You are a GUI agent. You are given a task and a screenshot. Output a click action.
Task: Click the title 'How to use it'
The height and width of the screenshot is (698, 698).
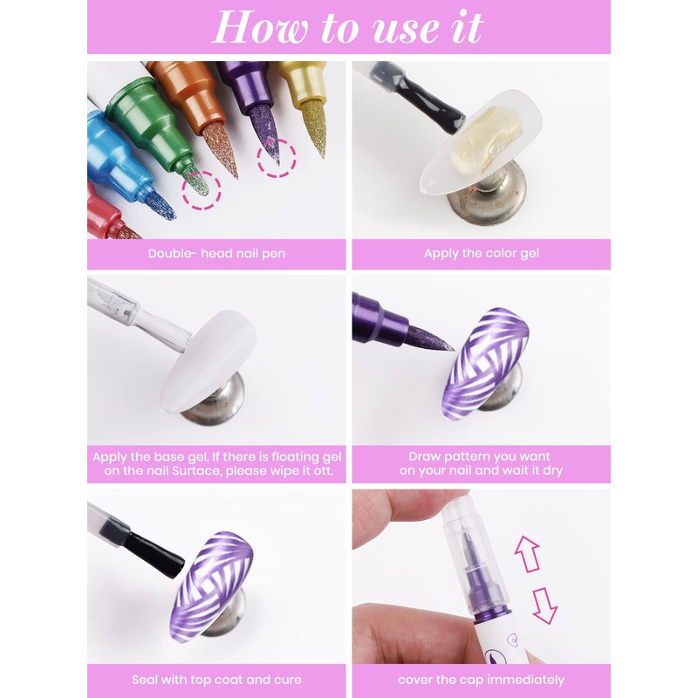(x=347, y=28)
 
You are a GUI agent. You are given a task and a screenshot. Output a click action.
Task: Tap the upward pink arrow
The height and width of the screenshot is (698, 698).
(x=527, y=554)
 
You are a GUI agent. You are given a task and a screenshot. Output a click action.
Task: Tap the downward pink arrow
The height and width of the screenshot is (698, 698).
(x=544, y=606)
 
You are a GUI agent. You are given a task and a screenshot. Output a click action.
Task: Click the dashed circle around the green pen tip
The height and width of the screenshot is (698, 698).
(x=202, y=190)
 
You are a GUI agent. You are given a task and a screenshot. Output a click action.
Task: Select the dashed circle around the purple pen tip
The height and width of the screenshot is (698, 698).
(x=277, y=158)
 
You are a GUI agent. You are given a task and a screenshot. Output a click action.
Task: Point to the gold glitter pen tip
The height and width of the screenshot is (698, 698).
(x=316, y=127)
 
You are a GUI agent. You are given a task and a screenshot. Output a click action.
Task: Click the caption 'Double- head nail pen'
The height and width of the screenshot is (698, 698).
(x=216, y=254)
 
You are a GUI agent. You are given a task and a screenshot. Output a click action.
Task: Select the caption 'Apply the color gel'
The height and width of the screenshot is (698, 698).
(x=482, y=253)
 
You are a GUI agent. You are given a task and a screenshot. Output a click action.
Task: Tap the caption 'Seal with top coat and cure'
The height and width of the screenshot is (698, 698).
(x=216, y=680)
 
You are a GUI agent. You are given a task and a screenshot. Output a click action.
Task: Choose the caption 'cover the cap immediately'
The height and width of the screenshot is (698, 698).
(x=481, y=680)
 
